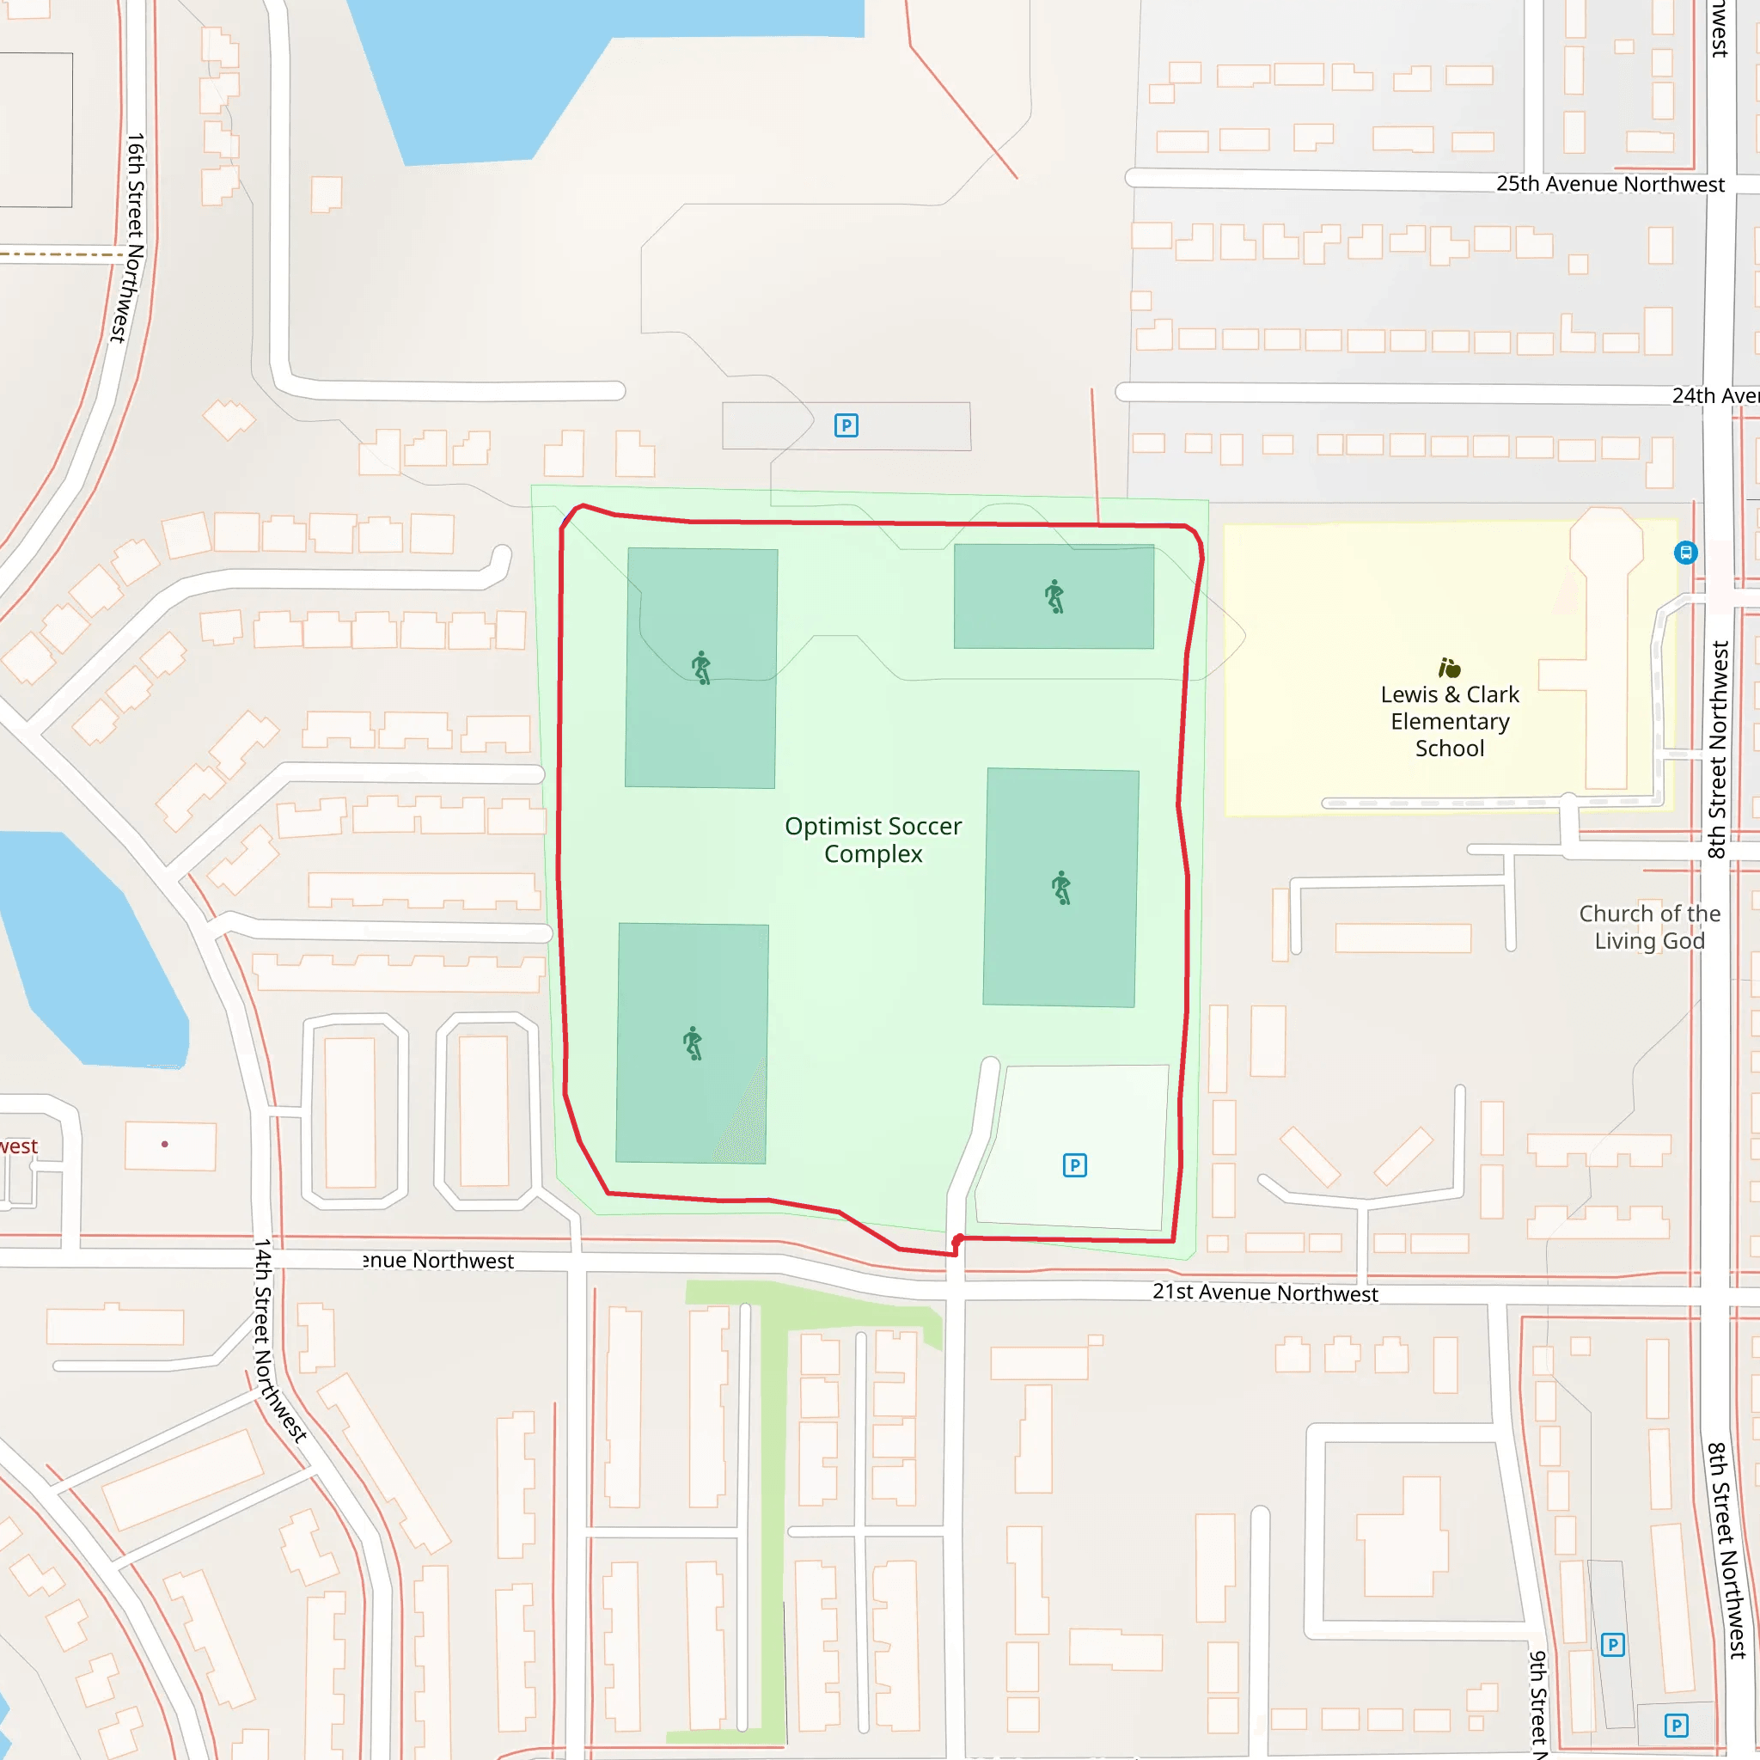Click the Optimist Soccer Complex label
pos(873,840)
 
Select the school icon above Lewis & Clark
pos(1450,668)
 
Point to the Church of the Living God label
pos(1649,926)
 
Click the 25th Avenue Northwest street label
pos(1610,184)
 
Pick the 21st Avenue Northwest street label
pos(1264,1292)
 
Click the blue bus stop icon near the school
pos(1686,552)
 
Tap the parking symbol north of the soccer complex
pos(846,425)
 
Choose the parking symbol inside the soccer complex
pos(1075,1165)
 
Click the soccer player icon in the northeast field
pos(1054,596)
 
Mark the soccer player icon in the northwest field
pos(700,668)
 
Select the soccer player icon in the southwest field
pos(694,1043)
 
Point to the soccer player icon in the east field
pos(1061,887)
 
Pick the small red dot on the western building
pos(165,1144)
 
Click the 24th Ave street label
pos(1714,395)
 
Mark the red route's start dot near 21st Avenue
pos(958,1240)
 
